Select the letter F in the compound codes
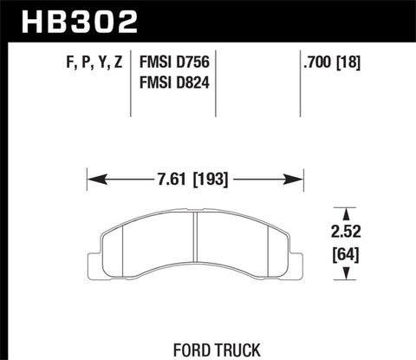pos(44,62)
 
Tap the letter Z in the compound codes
pos(114,62)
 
